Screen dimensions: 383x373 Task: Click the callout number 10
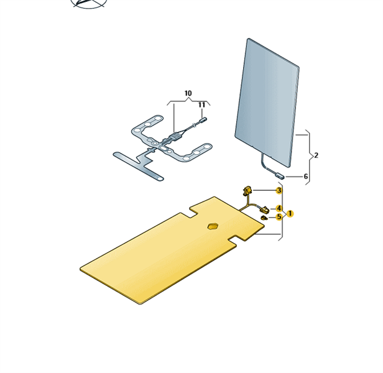[188, 93]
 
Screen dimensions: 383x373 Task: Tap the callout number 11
[201, 105]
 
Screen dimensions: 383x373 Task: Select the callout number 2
[316, 155]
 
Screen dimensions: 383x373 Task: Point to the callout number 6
[305, 177]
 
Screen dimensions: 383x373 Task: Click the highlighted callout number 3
[279, 190]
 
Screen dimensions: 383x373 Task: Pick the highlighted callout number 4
[279, 208]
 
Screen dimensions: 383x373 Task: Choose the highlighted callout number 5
[279, 217]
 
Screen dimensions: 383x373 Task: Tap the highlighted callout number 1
[290, 214]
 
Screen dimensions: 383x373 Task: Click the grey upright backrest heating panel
[267, 103]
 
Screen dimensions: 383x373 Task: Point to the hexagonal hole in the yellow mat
[213, 226]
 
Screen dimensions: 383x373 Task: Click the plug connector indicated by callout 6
[279, 175]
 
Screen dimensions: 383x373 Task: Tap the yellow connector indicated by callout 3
[247, 190]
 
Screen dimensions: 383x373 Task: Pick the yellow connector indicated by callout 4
[264, 210]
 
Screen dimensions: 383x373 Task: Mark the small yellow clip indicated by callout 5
[264, 218]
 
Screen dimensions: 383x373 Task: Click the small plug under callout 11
[203, 120]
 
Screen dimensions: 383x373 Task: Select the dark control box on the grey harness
[175, 137]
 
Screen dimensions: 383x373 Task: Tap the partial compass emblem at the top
[89, 4]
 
